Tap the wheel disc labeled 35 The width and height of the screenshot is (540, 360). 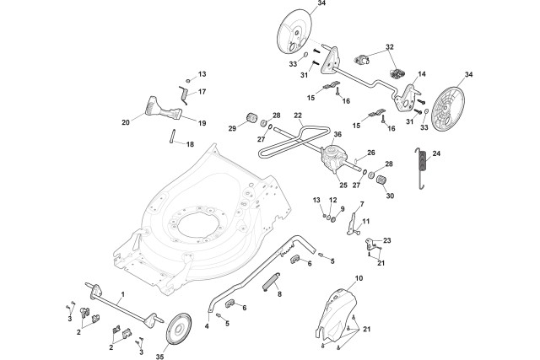click(180, 329)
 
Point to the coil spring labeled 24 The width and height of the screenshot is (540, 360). click(419, 171)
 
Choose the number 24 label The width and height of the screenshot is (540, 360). click(436, 153)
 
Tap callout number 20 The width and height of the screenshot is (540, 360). click(126, 122)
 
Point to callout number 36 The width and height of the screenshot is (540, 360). click(337, 133)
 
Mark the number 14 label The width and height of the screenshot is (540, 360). click(421, 74)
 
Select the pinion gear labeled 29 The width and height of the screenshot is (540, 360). click(251, 116)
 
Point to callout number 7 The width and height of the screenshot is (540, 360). click(362, 204)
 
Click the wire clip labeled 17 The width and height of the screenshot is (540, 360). click(185, 87)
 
